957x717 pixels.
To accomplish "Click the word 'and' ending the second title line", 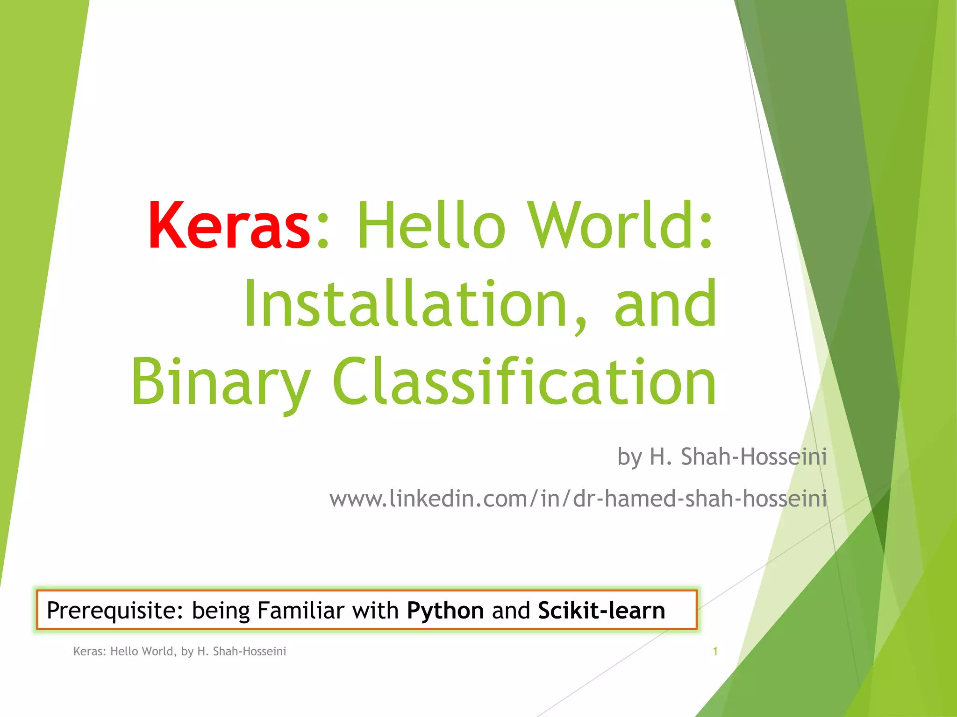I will (665, 304).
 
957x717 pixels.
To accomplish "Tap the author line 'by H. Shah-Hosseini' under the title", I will (722, 457).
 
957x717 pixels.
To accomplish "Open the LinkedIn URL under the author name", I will (578, 499).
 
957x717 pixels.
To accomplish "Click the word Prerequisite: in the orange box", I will (115, 611).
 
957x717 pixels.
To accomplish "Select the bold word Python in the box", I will (445, 611).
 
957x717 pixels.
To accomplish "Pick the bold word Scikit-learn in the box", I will (601, 610).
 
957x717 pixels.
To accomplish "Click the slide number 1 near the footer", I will (715, 651).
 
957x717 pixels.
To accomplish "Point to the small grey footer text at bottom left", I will (179, 651).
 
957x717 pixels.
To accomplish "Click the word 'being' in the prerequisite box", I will (221, 611).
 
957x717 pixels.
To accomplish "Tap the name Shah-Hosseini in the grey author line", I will (754, 457).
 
